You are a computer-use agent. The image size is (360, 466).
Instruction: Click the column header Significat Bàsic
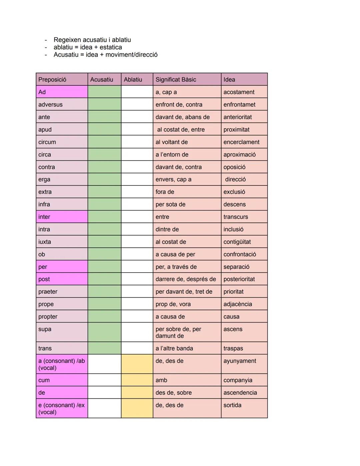click(x=176, y=79)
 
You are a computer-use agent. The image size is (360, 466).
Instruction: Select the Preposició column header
click(x=52, y=79)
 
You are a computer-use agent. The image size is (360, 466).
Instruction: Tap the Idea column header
click(x=229, y=79)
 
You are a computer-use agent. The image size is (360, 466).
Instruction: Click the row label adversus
click(x=50, y=104)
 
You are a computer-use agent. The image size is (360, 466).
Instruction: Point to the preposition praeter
click(x=48, y=292)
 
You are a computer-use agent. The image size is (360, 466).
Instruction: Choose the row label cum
click(x=44, y=380)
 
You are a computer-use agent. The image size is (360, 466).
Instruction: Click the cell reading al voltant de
click(x=172, y=142)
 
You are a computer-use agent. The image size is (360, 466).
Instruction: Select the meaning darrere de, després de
click(x=186, y=279)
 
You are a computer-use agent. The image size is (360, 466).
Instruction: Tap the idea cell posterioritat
click(x=239, y=279)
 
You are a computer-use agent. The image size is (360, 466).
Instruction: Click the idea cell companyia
click(x=238, y=380)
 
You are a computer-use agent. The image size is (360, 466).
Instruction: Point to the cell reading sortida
click(x=232, y=405)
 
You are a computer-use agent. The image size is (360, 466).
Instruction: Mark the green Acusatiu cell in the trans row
click(x=104, y=348)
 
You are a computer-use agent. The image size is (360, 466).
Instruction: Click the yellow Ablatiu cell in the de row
click(x=137, y=392)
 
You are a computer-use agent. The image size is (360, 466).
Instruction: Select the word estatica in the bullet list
click(x=111, y=47)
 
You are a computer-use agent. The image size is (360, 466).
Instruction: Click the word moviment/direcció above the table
click(x=131, y=55)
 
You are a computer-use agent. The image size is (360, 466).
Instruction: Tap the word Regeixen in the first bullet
click(x=67, y=40)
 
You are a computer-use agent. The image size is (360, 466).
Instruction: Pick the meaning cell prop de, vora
click(x=173, y=304)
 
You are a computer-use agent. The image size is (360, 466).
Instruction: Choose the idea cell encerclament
click(x=241, y=142)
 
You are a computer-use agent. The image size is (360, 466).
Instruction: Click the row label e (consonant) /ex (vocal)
click(x=62, y=408)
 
